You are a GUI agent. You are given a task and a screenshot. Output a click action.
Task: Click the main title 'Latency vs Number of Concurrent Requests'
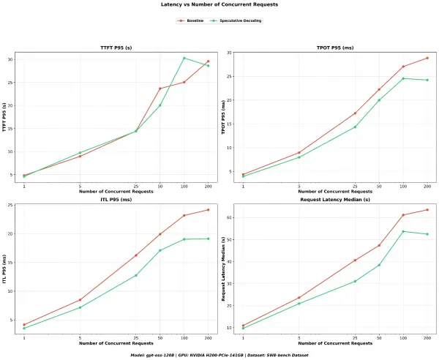tap(219, 4)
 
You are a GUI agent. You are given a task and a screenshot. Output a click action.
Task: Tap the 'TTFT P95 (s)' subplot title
tap(116, 48)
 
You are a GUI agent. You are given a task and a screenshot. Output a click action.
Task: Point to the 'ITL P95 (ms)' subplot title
tap(116, 200)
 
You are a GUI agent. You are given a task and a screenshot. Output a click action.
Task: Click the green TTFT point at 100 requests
tap(184, 58)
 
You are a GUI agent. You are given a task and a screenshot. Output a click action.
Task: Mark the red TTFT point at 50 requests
tap(160, 89)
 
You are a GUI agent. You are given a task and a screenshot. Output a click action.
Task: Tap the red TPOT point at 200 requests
tap(427, 58)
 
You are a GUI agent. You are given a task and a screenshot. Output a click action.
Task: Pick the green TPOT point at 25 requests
tap(355, 127)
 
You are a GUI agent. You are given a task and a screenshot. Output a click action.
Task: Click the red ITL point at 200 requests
tap(208, 210)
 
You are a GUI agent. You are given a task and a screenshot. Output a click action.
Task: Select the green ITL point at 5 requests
tap(80, 307)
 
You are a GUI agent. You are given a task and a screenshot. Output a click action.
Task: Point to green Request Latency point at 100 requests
tap(403, 231)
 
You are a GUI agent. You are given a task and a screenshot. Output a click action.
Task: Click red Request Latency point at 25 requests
tap(355, 260)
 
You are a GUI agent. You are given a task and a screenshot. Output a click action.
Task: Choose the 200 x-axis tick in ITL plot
tap(208, 338)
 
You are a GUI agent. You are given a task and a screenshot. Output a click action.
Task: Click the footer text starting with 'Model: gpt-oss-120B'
tap(219, 355)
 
